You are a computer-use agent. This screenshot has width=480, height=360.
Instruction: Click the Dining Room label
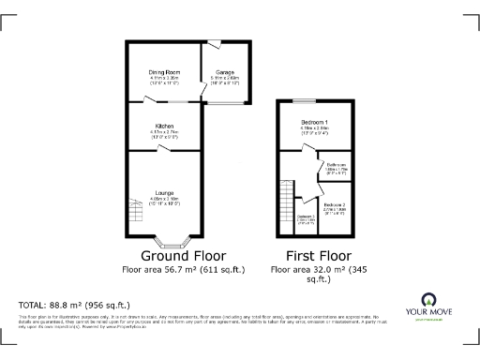point(164,72)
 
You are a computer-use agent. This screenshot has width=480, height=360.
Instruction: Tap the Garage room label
point(225,72)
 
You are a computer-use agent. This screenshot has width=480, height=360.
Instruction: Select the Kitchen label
point(164,126)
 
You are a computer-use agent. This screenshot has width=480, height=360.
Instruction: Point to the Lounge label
point(164,192)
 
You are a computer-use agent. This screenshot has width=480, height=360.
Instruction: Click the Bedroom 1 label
point(314,123)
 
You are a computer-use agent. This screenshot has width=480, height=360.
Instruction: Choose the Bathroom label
point(337,165)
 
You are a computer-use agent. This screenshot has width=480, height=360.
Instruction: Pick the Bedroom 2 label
point(334,204)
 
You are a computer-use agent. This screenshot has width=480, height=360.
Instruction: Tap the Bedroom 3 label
point(306,217)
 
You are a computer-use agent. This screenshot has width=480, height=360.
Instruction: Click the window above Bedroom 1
point(303,99)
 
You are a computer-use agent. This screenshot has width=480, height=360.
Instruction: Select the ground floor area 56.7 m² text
point(183,269)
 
